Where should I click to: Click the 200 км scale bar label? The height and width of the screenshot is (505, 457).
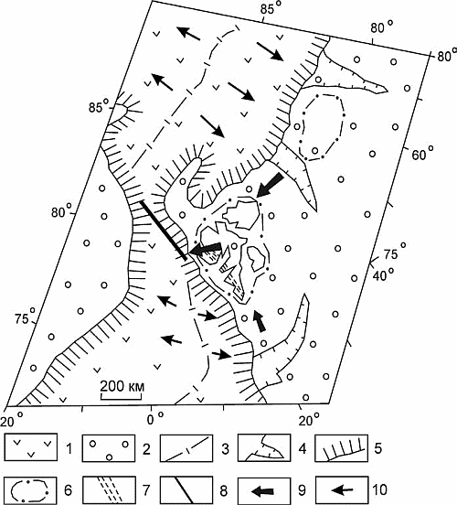[122, 386]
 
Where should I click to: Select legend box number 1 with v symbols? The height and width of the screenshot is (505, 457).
[31, 447]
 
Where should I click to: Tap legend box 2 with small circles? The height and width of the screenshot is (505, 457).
[109, 447]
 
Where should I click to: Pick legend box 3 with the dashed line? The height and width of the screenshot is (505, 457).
[186, 447]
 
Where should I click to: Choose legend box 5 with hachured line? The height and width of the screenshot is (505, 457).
[342, 447]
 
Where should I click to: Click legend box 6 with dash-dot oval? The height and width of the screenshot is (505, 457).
[31, 490]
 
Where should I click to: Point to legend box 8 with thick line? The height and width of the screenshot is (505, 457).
[186, 490]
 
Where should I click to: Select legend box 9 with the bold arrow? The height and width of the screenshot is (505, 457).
[264, 490]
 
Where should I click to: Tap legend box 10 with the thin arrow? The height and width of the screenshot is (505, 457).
[342, 490]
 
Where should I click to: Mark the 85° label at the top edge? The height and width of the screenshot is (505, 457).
[271, 9]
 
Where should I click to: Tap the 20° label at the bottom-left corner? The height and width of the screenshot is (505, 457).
[12, 420]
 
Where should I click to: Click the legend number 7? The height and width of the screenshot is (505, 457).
[146, 490]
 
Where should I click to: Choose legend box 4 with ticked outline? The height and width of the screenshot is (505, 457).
[264, 447]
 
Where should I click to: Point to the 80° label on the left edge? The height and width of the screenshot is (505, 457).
[62, 211]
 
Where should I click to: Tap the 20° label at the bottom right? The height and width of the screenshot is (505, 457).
[310, 420]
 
